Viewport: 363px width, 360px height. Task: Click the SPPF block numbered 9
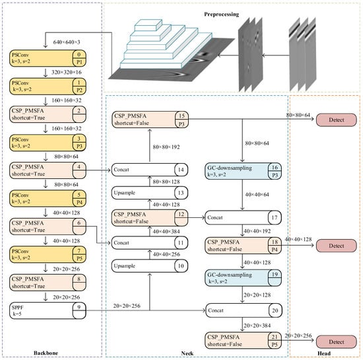(48, 310)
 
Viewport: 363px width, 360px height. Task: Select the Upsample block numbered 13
(150, 193)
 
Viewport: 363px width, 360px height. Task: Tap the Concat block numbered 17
(243, 217)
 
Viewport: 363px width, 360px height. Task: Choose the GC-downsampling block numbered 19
(243, 278)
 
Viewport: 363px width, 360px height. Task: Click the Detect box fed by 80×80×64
(337, 120)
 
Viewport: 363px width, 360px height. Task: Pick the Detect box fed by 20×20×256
(337, 342)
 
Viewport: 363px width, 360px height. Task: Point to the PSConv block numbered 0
(48, 58)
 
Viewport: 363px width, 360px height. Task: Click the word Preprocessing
(222, 15)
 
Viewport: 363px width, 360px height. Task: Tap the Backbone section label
(46, 353)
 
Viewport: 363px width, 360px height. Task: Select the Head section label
(324, 353)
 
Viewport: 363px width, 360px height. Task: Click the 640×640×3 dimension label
(67, 42)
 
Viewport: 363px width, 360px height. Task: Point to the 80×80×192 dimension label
(166, 147)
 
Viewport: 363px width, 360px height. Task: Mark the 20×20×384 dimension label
(257, 326)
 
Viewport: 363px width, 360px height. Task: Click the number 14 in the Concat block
(181, 170)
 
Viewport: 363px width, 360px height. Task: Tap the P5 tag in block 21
(275, 345)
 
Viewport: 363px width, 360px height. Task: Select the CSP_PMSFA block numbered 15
(150, 120)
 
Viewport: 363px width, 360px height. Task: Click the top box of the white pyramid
(148, 25)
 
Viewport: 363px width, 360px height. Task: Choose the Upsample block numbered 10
(150, 266)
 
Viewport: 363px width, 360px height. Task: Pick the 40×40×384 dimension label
(166, 231)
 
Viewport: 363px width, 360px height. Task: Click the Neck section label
(187, 353)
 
